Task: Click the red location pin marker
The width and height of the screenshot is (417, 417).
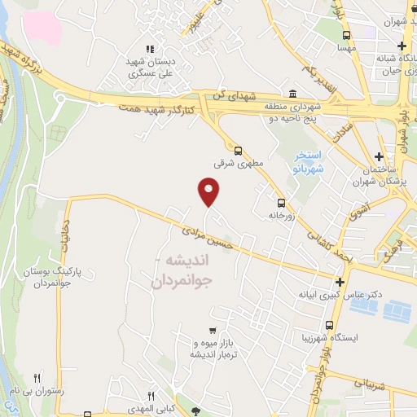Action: tap(209, 191)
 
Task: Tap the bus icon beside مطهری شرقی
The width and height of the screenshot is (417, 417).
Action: tap(238, 150)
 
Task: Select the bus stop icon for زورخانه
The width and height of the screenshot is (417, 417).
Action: tap(281, 203)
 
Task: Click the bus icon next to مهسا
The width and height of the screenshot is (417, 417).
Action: tap(347, 35)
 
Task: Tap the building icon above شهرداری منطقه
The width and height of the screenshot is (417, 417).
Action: tap(292, 94)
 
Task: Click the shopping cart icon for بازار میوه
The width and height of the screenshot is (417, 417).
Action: tap(213, 331)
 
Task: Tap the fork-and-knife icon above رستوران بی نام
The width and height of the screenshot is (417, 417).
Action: tap(37, 378)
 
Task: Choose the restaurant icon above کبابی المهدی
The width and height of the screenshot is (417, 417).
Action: tap(150, 394)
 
